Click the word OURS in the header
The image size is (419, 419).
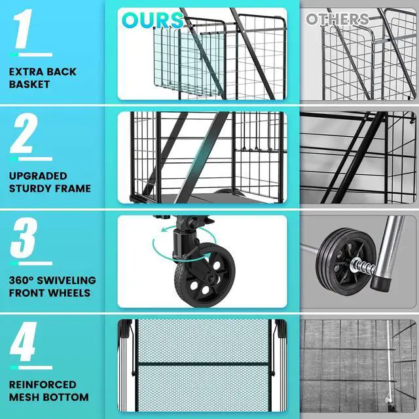(x=152, y=20)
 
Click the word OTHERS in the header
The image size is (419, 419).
(x=337, y=19)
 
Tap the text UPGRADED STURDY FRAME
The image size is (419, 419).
(x=50, y=182)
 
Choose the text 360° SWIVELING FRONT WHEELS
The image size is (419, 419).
(x=52, y=287)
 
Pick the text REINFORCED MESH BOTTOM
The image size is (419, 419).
(x=49, y=391)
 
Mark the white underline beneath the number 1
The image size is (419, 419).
(x=32, y=55)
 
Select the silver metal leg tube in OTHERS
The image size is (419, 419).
(x=392, y=246)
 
